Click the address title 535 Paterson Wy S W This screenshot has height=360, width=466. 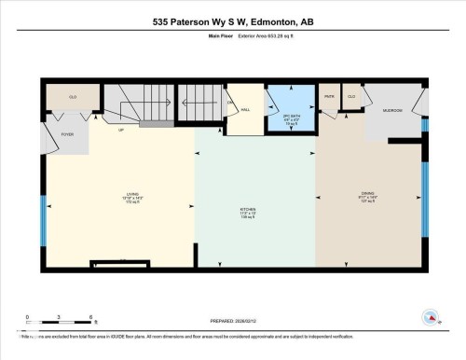click(233, 22)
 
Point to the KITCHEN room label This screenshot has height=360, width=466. click(247, 212)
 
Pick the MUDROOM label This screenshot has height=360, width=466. click(392, 110)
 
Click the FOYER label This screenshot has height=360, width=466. click(67, 134)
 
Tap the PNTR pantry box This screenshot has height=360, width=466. click(329, 97)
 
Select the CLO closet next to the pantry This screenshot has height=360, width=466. click(351, 97)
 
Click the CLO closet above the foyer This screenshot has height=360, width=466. click(72, 97)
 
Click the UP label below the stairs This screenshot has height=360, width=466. click(121, 130)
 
